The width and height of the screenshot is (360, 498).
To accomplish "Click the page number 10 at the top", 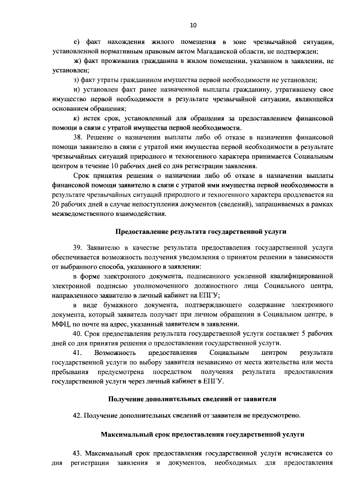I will coord(193,25).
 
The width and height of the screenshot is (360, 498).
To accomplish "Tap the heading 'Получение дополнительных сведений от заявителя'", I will coord(192,399).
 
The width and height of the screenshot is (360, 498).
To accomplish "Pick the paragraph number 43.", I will coord(79,453).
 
